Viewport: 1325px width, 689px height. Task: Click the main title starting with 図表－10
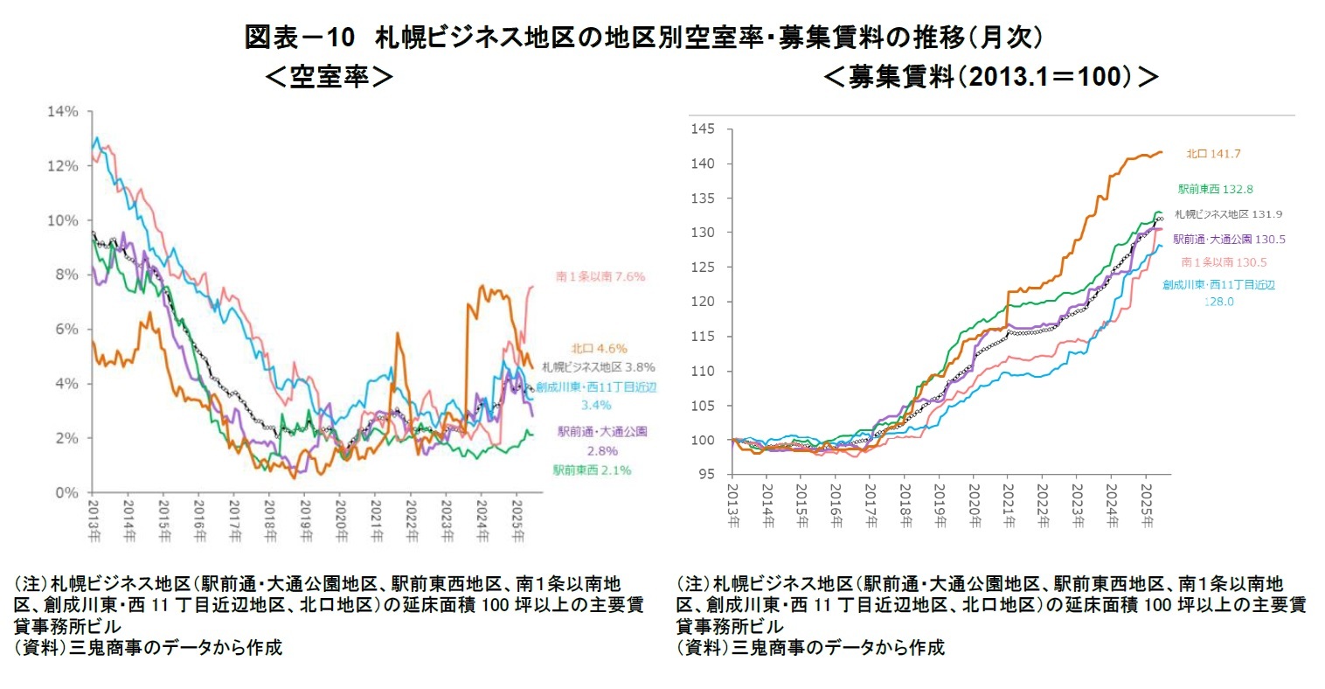[x=644, y=38]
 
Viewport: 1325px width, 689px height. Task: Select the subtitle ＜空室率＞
[x=329, y=77]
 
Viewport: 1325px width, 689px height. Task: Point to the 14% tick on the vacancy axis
[x=64, y=112]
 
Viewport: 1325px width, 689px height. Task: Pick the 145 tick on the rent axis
[x=703, y=129]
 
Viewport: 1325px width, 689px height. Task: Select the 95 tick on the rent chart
[x=706, y=475]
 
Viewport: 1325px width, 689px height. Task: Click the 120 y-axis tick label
[x=703, y=302]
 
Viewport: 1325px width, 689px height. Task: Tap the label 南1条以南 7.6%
[x=600, y=276]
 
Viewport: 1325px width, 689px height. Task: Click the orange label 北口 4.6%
[x=599, y=348]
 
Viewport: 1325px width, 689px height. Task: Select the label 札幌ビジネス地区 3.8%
[x=598, y=367]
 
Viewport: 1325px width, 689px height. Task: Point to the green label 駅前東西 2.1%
[x=592, y=470]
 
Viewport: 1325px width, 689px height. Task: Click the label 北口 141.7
[x=1213, y=154]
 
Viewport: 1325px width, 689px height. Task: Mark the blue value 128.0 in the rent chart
[x=1218, y=302]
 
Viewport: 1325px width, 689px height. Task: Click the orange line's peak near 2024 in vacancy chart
[x=481, y=286]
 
